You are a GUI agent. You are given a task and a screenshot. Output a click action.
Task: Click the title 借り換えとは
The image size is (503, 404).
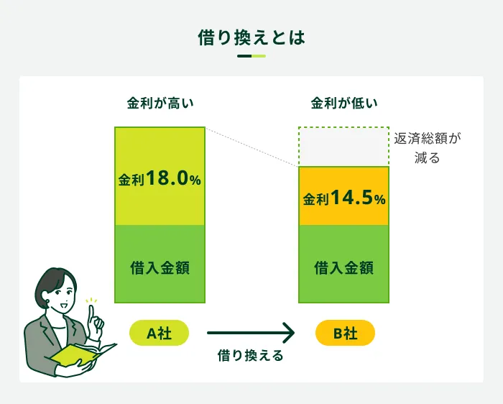[251, 37]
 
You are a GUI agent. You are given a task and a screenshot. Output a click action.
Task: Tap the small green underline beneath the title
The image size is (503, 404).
[251, 56]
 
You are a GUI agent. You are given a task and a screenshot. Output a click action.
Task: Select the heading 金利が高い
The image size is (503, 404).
[160, 104]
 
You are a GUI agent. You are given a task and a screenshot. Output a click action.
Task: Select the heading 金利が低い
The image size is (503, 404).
[343, 104]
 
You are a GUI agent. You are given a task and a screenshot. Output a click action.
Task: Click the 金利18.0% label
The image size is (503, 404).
[160, 179]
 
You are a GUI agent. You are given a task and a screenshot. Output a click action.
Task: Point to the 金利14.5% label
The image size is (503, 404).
[343, 198]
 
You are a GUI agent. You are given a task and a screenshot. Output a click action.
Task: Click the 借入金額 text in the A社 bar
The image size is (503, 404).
[160, 268]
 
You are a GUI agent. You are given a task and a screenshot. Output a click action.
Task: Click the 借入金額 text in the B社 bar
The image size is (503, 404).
[343, 268]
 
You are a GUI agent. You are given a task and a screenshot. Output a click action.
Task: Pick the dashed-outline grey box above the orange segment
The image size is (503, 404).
[343, 147]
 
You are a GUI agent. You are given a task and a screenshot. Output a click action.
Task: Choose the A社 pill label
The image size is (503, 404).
[160, 333]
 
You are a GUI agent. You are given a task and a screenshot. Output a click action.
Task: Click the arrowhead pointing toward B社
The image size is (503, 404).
[288, 333]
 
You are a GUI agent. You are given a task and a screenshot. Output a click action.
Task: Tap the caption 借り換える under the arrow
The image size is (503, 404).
[251, 355]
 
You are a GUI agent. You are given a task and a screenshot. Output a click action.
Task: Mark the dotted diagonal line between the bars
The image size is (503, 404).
[251, 147]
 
